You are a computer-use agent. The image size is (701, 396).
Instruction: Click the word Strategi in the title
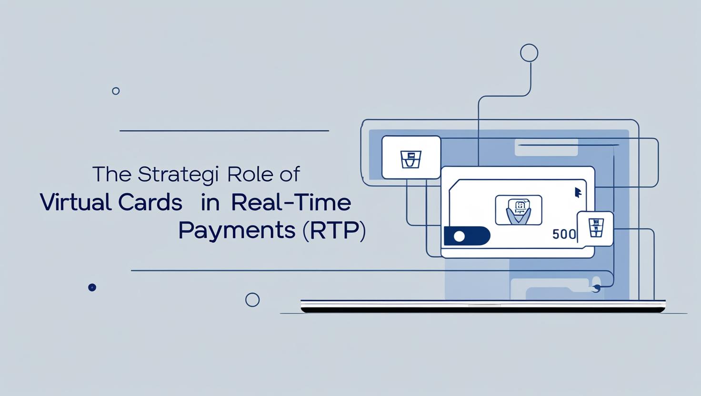click(178, 174)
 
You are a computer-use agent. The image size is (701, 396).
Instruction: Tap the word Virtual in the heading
click(75, 202)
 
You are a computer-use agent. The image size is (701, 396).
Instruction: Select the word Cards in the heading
click(150, 202)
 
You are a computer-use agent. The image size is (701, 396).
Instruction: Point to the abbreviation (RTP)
click(334, 231)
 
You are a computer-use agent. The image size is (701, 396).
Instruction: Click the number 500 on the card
click(564, 234)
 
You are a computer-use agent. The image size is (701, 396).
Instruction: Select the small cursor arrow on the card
click(578, 192)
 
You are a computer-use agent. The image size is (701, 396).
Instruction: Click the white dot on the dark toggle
click(459, 236)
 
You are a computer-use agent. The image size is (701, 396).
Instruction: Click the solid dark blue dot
click(92, 287)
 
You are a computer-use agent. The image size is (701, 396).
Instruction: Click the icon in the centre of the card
click(518, 210)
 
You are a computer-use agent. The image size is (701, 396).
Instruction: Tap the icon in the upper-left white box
click(411, 159)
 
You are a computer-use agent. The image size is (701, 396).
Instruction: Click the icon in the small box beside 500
click(596, 228)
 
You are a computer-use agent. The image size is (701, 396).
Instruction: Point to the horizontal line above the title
click(224, 131)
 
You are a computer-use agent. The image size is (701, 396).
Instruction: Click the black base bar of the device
click(483, 310)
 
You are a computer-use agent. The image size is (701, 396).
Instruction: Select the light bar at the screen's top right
click(546, 148)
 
